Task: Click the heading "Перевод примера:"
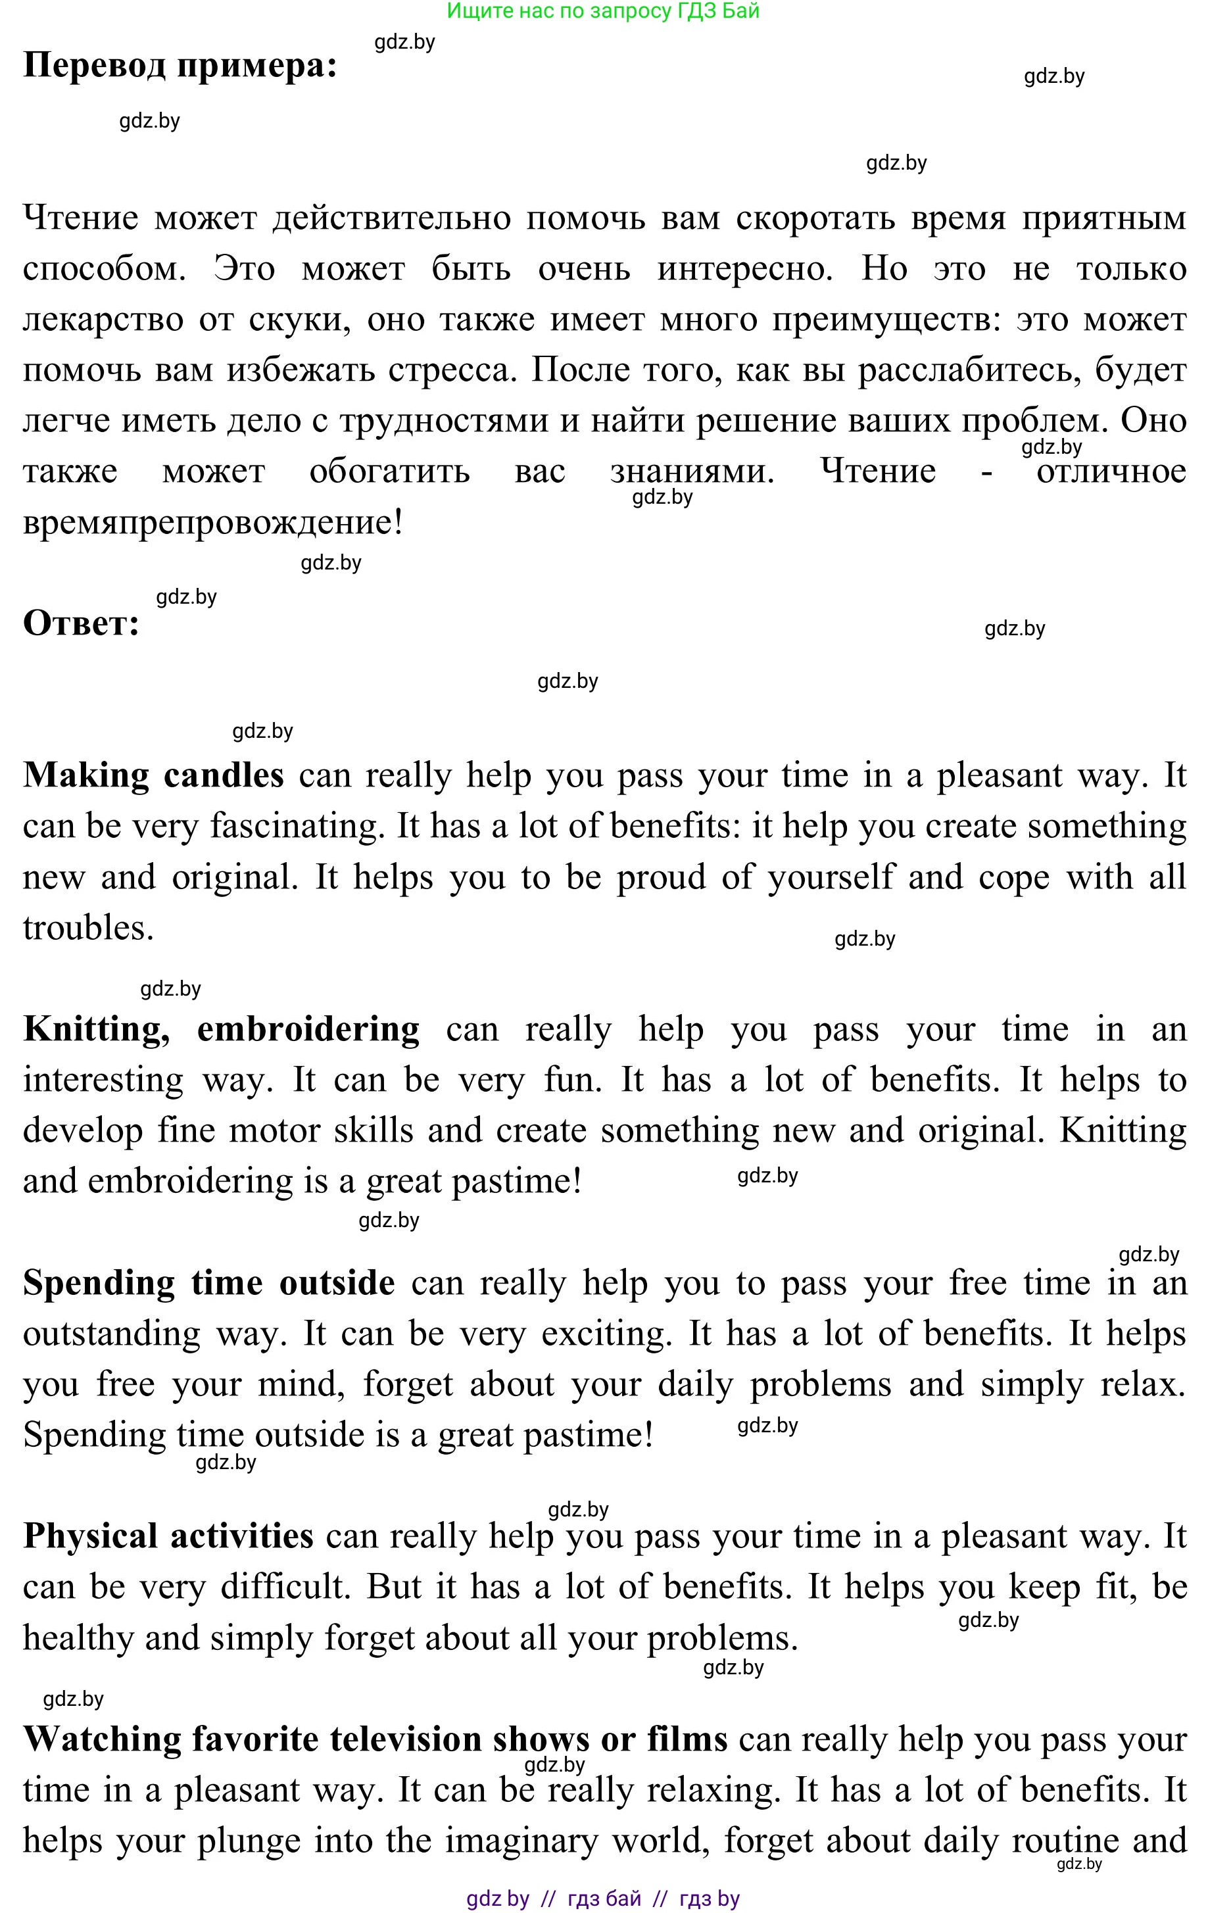click(180, 65)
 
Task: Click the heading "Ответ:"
click(81, 623)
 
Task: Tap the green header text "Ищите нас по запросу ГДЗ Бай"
click(603, 11)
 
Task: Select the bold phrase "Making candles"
click(153, 775)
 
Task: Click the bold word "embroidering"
click(308, 1029)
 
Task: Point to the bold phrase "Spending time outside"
click(209, 1283)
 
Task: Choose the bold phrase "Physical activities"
click(168, 1536)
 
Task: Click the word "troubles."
click(88, 928)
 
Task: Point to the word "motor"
click(274, 1130)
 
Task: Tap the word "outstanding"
click(111, 1334)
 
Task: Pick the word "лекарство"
click(103, 320)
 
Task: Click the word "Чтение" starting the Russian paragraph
click(80, 218)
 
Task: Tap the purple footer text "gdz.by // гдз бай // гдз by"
click(603, 1899)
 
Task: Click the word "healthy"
click(78, 1638)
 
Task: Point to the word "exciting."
click(606, 1334)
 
